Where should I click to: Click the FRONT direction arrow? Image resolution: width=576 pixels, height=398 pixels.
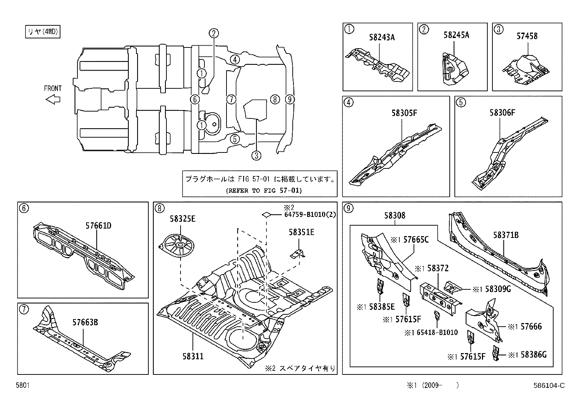point(53,99)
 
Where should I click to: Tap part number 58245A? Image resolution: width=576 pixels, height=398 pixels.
point(456,35)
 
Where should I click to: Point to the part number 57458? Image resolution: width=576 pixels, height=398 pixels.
point(527,36)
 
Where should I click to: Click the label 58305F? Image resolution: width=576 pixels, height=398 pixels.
point(404,113)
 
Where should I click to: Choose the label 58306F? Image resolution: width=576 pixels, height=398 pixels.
point(502,113)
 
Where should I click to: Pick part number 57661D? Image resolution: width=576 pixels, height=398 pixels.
point(98,226)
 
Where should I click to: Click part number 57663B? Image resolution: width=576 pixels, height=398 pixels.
point(85,323)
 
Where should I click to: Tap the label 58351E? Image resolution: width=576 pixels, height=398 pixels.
point(301,232)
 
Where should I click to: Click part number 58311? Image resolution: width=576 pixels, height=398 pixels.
point(193,356)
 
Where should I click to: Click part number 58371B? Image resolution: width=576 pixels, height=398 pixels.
point(505,235)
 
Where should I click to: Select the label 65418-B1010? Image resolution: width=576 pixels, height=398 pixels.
point(435,332)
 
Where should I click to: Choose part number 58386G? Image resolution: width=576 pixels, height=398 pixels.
point(533,355)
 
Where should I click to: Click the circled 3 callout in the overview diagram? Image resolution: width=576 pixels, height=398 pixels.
point(256,156)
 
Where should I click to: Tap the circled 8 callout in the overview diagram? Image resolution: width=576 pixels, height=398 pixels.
point(275,99)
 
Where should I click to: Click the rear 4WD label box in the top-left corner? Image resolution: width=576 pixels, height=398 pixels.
point(42,32)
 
